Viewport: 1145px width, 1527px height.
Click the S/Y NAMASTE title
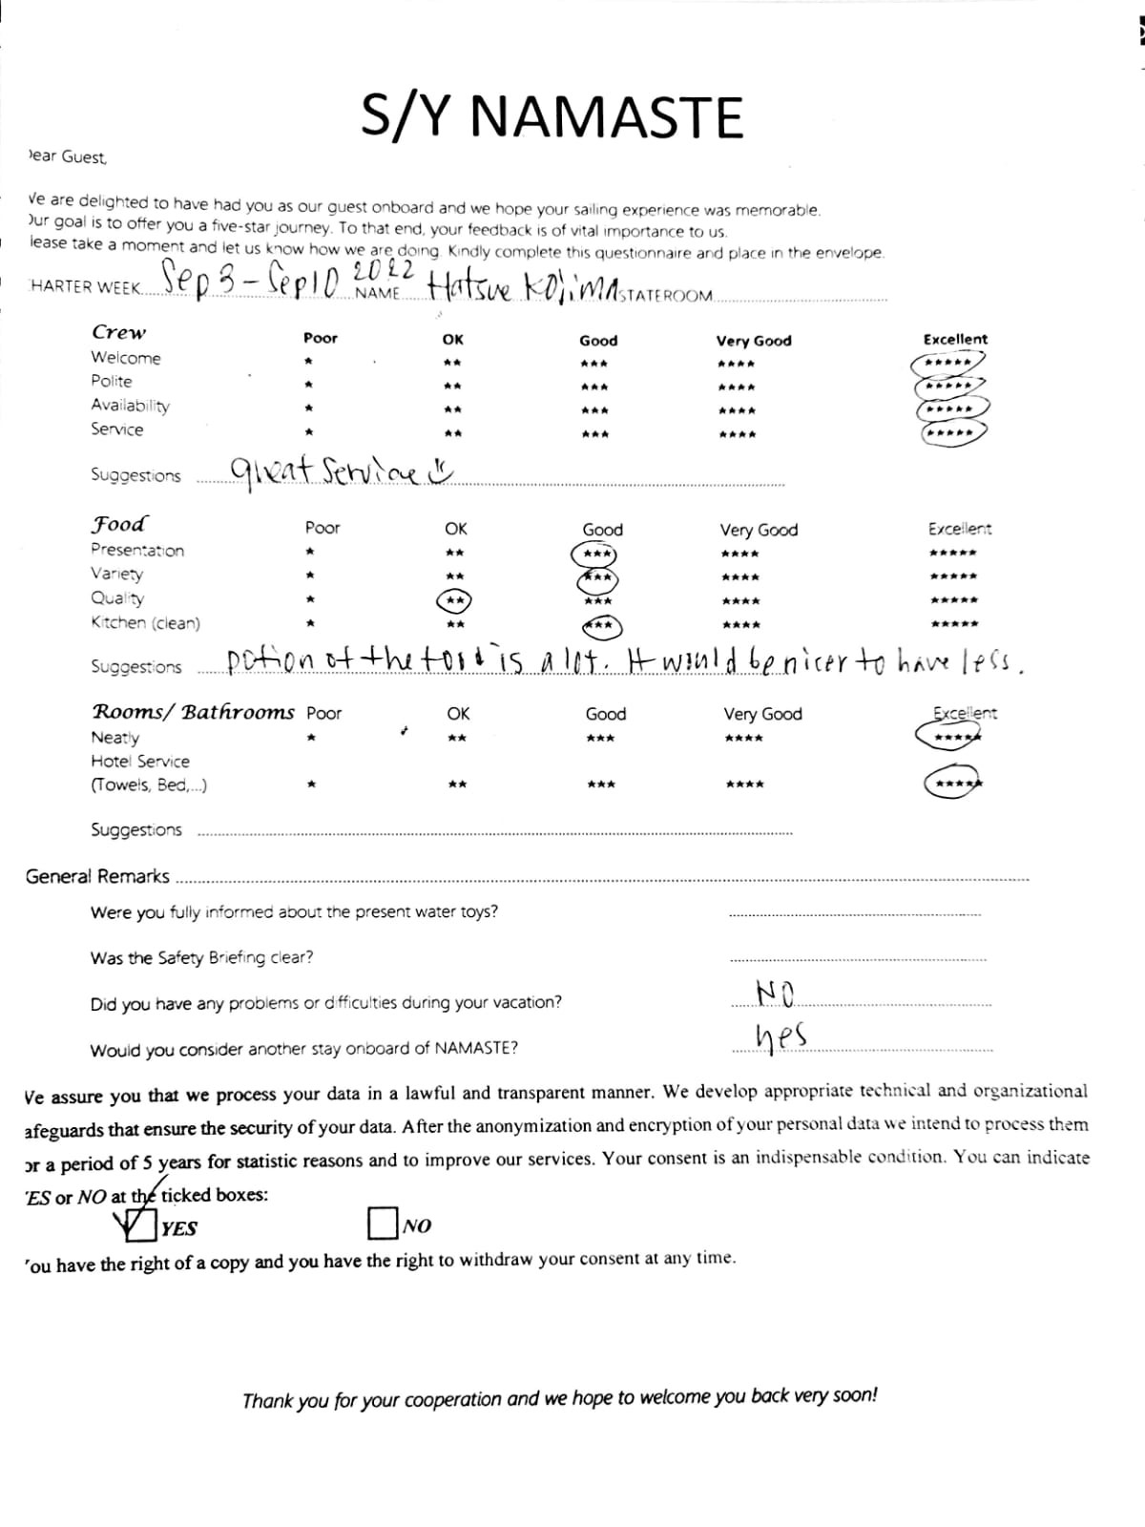pos(552,118)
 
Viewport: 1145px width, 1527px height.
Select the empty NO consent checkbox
pos(382,1223)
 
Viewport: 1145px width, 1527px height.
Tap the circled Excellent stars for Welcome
pos(948,364)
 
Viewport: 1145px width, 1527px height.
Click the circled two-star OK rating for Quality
pos(454,600)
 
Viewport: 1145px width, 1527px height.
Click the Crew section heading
pos(119,333)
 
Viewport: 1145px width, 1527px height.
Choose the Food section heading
pos(119,525)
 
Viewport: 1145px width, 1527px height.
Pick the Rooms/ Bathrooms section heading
pos(194,713)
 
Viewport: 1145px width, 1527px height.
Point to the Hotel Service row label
pos(140,762)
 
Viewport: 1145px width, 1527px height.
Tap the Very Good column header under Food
pos(759,530)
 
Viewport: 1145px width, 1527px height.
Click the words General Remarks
pos(97,876)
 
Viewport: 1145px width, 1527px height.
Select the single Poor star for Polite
pos(308,386)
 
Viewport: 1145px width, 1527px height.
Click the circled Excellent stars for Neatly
pos(948,736)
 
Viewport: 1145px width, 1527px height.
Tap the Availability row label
pos(130,406)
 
